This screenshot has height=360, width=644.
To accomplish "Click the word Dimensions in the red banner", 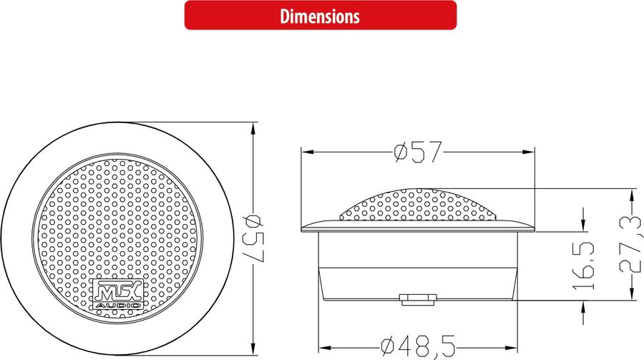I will (320, 15).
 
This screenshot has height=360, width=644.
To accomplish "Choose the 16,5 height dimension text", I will (585, 265).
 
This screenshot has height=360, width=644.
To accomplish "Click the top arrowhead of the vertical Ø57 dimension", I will (253, 127).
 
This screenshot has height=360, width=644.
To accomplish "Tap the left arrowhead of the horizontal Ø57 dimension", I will (305, 152).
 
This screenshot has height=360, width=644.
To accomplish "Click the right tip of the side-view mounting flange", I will (533, 228).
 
